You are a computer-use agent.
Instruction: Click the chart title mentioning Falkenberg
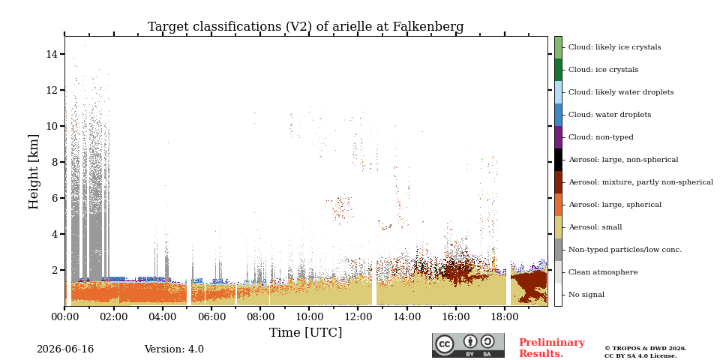tap(305, 27)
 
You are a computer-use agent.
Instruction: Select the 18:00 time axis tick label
tap(505, 317)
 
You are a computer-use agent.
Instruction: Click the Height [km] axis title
tap(34, 171)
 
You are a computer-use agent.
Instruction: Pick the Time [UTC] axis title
tap(305, 332)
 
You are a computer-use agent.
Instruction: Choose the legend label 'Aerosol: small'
tap(595, 227)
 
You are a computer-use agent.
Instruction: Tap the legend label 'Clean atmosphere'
tap(603, 272)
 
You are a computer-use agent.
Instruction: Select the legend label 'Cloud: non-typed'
tap(601, 137)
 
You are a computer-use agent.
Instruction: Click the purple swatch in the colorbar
tap(558, 137)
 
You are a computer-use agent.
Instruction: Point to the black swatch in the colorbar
tap(558, 160)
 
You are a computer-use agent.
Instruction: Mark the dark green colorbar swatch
tap(558, 70)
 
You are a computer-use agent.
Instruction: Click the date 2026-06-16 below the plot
tap(65, 349)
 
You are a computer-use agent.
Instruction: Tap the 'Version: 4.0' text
tap(174, 349)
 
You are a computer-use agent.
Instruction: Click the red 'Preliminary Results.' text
tap(552, 348)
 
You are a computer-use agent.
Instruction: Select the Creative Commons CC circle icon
tap(445, 344)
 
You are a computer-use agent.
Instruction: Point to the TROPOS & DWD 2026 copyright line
tap(646, 349)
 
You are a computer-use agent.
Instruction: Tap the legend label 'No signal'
tap(586, 295)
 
